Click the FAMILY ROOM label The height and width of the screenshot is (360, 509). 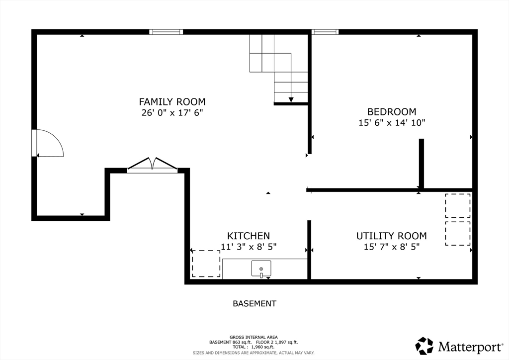click(172, 102)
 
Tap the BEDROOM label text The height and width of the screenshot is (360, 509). click(392, 112)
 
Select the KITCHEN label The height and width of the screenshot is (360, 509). click(249, 236)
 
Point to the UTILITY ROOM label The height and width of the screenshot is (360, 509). click(392, 236)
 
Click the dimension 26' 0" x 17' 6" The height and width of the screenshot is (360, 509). click(172, 113)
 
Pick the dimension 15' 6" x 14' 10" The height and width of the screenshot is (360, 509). click(392, 123)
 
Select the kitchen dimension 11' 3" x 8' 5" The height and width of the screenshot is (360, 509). click(249, 247)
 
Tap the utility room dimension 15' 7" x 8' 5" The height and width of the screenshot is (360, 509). click(392, 247)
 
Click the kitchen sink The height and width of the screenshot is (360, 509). click(261, 269)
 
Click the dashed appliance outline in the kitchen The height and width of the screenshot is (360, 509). click(206, 264)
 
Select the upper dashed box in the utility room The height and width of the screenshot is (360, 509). click(458, 206)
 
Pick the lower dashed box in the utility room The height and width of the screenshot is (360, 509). click(458, 233)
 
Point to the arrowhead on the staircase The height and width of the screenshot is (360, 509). click(291, 99)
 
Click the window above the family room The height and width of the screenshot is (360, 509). click(166, 32)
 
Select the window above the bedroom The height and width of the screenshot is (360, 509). click(325, 32)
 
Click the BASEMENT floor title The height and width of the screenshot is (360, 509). click(254, 304)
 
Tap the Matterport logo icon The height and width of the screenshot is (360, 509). click(424, 346)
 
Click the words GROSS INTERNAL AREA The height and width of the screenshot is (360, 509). click(254, 337)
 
